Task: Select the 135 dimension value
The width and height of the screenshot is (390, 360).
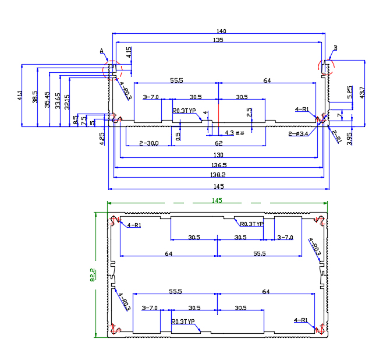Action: (x=218, y=40)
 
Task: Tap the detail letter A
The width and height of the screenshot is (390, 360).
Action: (x=102, y=52)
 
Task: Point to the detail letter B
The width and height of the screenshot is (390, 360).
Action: (x=335, y=48)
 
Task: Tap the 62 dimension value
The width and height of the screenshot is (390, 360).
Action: (x=218, y=143)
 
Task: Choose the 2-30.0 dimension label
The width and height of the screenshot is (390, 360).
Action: (x=148, y=143)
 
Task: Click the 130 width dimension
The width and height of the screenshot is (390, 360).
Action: (x=218, y=154)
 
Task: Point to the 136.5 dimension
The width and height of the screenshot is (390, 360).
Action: (x=218, y=165)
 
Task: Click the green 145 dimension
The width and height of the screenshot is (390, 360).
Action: (x=217, y=201)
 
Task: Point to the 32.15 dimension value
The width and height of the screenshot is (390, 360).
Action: (x=68, y=101)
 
